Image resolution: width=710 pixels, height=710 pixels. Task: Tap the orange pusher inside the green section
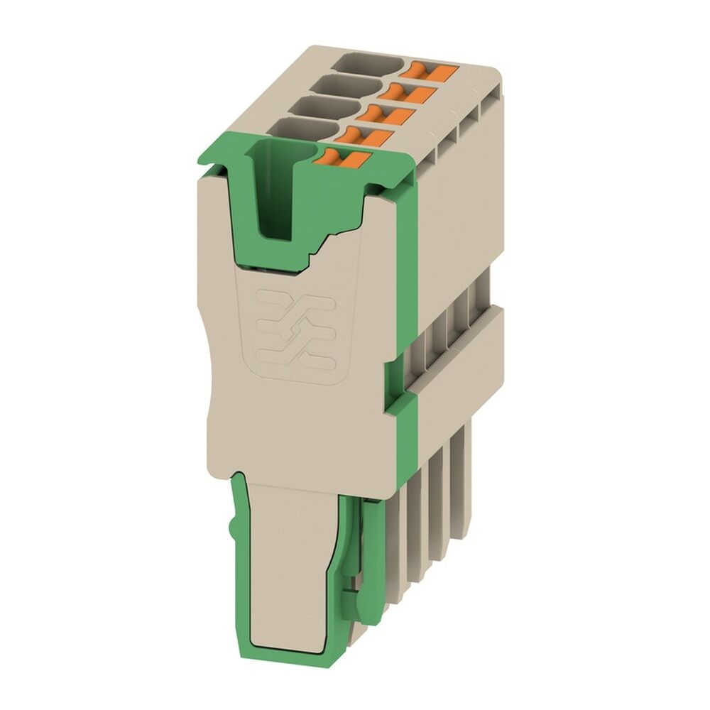[x=340, y=159]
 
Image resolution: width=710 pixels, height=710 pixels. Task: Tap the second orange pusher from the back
[x=406, y=90]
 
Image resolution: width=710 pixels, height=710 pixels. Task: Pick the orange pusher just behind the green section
[x=365, y=135]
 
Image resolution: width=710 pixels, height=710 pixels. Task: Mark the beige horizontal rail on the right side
[x=461, y=362]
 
